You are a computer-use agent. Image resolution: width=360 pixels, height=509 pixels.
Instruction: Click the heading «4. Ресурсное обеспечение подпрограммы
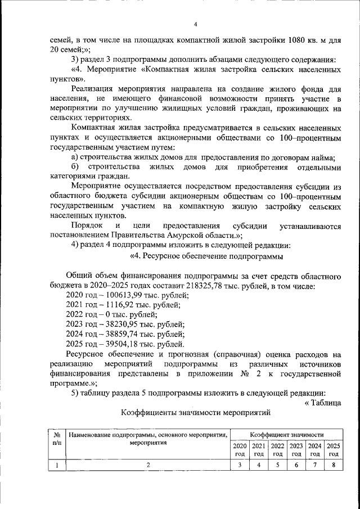(x=206, y=256)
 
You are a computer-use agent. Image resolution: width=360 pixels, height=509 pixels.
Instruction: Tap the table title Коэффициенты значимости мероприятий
(x=196, y=413)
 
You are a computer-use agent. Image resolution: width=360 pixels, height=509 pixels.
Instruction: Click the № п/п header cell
(x=57, y=439)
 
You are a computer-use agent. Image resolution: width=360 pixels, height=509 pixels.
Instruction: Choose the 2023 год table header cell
(x=296, y=449)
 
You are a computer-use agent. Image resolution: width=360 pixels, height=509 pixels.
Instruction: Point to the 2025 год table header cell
(x=334, y=449)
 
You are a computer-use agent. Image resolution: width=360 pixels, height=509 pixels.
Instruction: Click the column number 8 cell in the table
(x=334, y=465)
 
